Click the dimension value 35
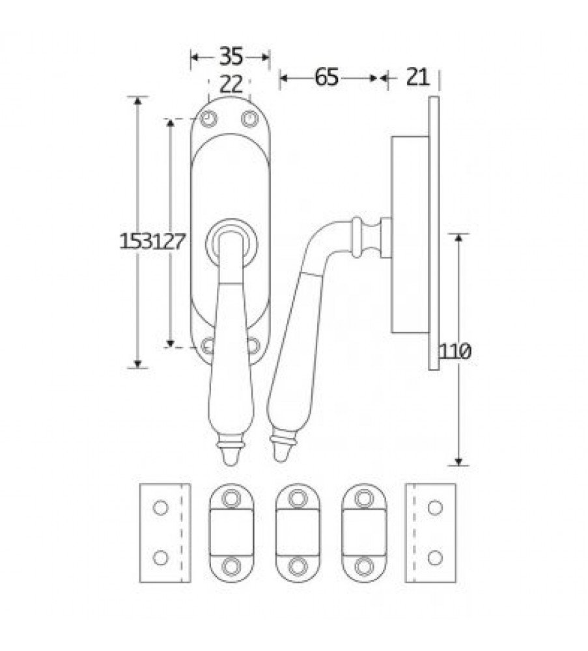(231, 56)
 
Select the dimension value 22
(231, 85)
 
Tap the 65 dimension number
(326, 77)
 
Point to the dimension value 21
(417, 77)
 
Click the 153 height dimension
(136, 242)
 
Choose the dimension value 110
(455, 352)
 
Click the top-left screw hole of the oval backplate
(209, 119)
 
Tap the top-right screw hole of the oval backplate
(249, 119)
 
